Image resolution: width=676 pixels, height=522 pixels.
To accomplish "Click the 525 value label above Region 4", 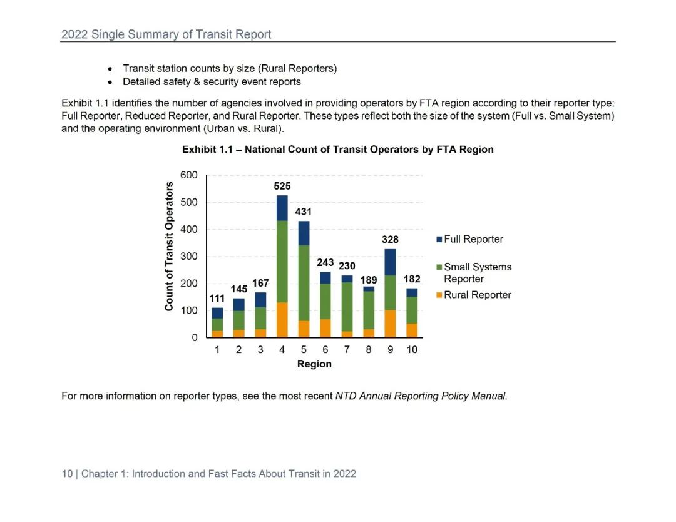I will click(x=282, y=186).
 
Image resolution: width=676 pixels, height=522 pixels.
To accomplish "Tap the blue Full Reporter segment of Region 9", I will click(x=390, y=262).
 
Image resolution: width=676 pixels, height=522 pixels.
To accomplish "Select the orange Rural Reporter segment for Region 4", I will click(x=282, y=320).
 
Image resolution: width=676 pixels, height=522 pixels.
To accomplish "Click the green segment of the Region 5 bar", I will click(x=304, y=283).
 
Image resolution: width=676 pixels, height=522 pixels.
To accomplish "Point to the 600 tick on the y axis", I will click(x=189, y=175).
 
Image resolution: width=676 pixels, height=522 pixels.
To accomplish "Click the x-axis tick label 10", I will click(x=411, y=350).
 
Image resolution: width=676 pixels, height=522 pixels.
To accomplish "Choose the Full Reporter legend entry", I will click(x=473, y=239).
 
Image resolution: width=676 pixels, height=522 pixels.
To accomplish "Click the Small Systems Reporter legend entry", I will click(x=477, y=273).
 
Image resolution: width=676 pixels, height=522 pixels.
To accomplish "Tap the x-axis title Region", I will click(x=314, y=364).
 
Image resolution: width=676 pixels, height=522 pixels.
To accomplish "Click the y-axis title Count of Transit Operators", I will click(x=169, y=246).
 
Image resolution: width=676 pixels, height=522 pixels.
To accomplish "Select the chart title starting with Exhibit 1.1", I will click(x=337, y=150).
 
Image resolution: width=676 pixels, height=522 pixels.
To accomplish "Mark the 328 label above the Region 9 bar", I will click(x=390, y=240).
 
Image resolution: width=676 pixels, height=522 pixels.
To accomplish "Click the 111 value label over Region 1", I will click(x=217, y=299).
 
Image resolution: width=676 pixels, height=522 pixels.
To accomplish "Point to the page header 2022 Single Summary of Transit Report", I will click(x=166, y=34).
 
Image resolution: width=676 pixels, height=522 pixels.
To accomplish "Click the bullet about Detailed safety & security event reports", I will click(x=212, y=82).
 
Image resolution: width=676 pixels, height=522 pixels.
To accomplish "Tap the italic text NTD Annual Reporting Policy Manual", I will click(x=420, y=396).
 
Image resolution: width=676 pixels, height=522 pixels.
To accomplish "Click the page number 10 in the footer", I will click(x=67, y=474).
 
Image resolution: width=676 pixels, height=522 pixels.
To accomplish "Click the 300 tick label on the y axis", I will click(x=189, y=257).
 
